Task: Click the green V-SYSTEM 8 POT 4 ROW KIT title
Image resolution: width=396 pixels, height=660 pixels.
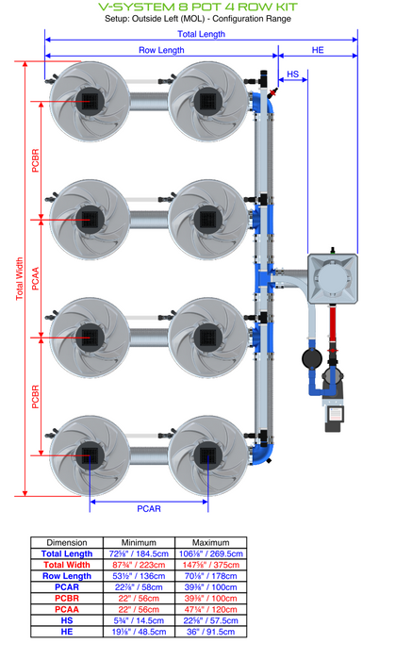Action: tap(198, 8)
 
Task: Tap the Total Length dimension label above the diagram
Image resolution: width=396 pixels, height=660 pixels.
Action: tap(201, 34)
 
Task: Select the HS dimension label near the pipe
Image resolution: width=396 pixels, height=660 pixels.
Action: tap(293, 74)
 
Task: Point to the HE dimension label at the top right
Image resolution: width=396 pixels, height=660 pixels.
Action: tap(318, 50)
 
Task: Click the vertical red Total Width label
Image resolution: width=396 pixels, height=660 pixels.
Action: tap(20, 279)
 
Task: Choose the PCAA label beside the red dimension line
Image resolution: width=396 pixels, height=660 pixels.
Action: tap(35, 279)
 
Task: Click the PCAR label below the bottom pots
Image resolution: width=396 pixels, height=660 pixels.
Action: tap(149, 509)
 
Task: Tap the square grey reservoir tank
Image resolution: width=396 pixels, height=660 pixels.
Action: tap(333, 278)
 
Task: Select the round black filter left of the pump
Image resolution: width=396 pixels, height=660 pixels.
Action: tap(312, 359)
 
